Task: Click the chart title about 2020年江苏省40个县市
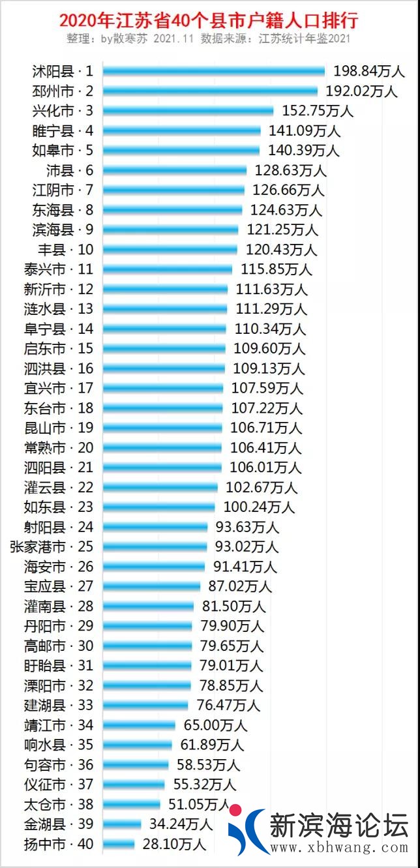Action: click(209, 20)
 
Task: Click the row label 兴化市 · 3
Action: click(63, 110)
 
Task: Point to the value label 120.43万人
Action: click(281, 249)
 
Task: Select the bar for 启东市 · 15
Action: click(164, 348)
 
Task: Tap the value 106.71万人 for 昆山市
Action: click(266, 428)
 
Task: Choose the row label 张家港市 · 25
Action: click(52, 546)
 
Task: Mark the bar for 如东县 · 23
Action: click(158, 507)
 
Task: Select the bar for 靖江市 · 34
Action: click(139, 725)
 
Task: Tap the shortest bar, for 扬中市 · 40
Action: click(119, 844)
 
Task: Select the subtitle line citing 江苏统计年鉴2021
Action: click(209, 38)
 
